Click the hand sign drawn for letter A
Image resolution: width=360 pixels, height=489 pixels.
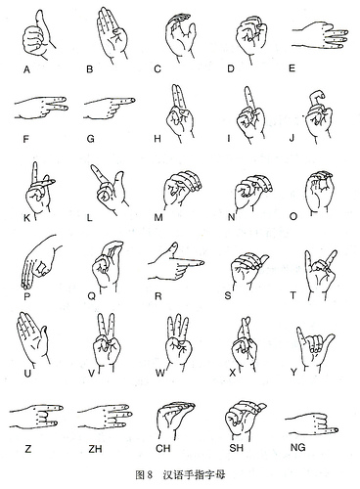pyautogui.click(x=37, y=36)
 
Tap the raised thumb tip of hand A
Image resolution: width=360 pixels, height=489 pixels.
pyautogui.click(x=40, y=12)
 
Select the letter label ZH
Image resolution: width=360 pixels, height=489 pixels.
pyautogui.click(x=95, y=449)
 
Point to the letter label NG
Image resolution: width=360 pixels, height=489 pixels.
pyautogui.click(x=297, y=447)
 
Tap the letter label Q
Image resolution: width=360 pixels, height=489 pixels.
pyautogui.click(x=92, y=296)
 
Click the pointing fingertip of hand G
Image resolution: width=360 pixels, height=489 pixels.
pyautogui.click(x=133, y=100)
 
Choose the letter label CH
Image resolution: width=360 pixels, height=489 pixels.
pyautogui.click(x=162, y=449)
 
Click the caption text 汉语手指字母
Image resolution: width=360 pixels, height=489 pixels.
pyautogui.click(x=194, y=474)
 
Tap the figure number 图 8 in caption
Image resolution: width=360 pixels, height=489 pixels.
pyautogui.click(x=144, y=474)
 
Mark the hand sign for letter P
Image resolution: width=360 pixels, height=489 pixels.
pyautogui.click(x=41, y=262)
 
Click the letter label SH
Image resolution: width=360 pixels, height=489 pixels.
pyautogui.click(x=236, y=448)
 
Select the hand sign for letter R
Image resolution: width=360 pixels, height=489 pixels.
pyautogui.click(x=176, y=262)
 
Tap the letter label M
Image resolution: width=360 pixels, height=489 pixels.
pyautogui.click(x=158, y=217)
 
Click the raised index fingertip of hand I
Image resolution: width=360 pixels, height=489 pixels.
pyautogui.click(x=247, y=89)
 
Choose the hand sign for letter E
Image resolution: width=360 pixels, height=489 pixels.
pyautogui.click(x=320, y=36)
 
